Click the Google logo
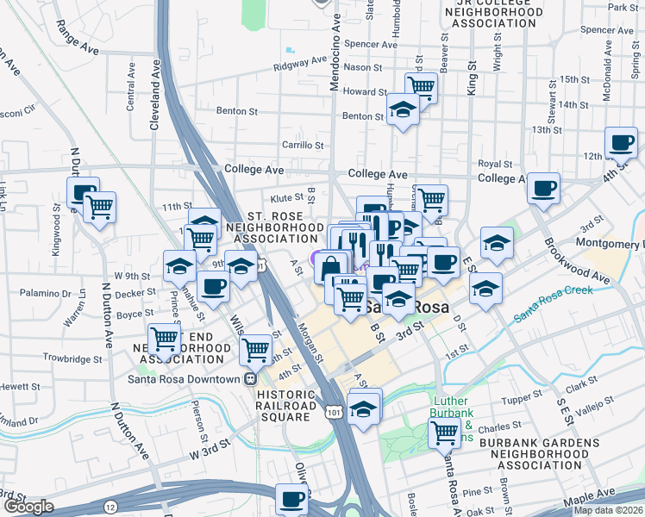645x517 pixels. (28, 508)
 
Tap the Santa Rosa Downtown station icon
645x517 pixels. (250, 379)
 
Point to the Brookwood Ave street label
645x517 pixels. (577, 258)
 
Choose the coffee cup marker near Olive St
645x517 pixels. (292, 497)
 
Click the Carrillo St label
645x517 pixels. (302, 145)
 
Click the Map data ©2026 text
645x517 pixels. (608, 510)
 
